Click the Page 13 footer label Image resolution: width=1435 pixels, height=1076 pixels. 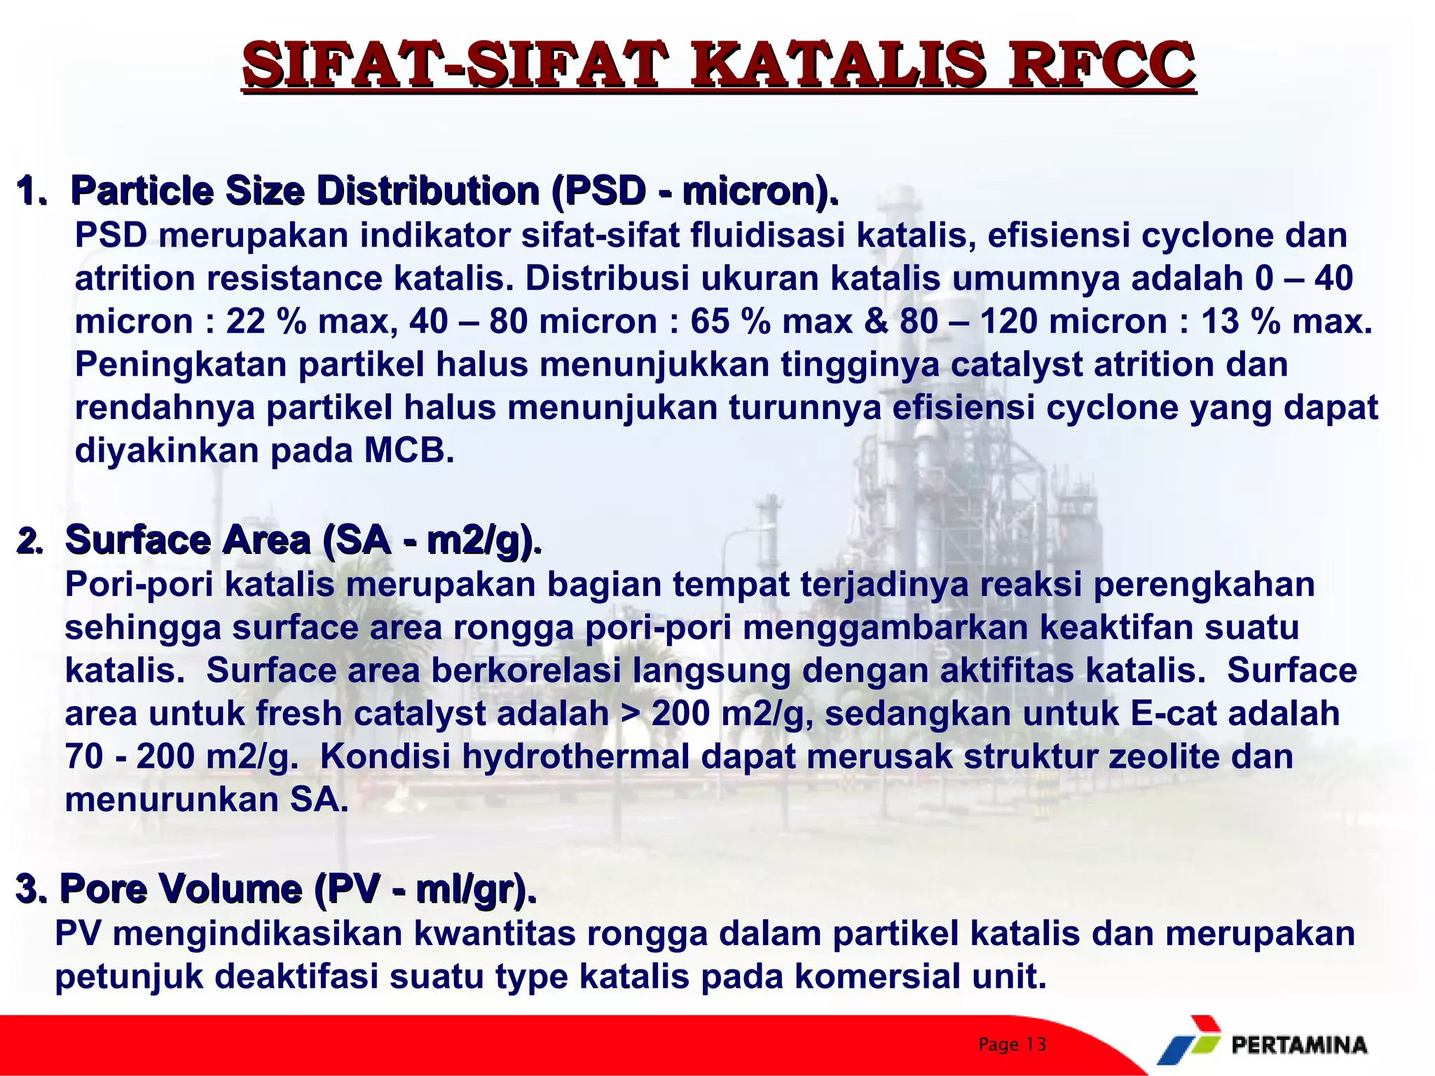coord(1012,1044)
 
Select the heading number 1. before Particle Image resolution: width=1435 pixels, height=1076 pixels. coord(31,191)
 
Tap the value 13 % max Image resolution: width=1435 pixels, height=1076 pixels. coord(1286,322)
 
